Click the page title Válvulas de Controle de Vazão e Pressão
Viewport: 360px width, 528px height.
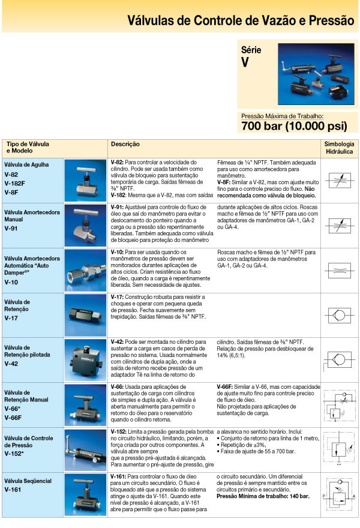tap(241, 21)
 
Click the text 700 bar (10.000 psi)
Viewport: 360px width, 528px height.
tap(294, 126)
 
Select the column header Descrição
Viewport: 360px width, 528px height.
tap(125, 145)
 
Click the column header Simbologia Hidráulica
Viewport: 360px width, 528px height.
tap(339, 148)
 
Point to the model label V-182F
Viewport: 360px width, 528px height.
tap(16, 182)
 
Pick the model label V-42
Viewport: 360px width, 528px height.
tap(11, 363)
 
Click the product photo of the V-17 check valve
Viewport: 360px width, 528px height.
tap(86, 314)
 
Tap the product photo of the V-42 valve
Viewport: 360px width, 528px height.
tap(86, 359)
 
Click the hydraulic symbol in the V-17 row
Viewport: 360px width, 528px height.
tap(339, 314)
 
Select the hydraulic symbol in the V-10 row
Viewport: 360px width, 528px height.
tap(339, 270)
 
